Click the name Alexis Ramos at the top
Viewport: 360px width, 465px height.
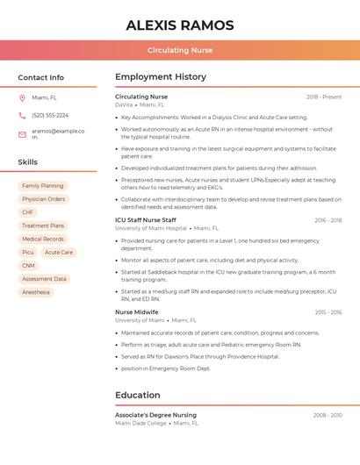(180, 25)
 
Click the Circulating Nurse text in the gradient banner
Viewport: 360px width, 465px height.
(180, 51)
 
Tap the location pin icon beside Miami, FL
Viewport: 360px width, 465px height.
(22, 97)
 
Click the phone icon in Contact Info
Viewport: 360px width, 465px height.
(22, 115)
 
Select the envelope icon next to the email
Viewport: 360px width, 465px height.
(22, 134)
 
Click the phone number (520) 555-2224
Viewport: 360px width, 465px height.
(50, 115)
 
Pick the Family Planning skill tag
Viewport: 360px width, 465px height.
(42, 186)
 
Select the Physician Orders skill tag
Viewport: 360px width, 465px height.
(44, 199)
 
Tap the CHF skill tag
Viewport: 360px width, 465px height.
(28, 212)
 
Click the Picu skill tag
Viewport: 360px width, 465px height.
(28, 252)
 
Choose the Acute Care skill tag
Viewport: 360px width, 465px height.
(59, 252)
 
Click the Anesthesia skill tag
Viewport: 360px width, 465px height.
(36, 292)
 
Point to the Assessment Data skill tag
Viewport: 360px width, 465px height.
(44, 279)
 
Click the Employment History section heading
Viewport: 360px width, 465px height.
(161, 77)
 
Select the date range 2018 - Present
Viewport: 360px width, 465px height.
(324, 97)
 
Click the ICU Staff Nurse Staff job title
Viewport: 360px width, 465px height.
(146, 220)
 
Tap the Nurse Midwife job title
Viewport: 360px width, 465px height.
(137, 312)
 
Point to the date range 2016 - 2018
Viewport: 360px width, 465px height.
(328, 220)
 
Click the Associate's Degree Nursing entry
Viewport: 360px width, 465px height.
(155, 415)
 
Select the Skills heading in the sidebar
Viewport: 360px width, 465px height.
(28, 162)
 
